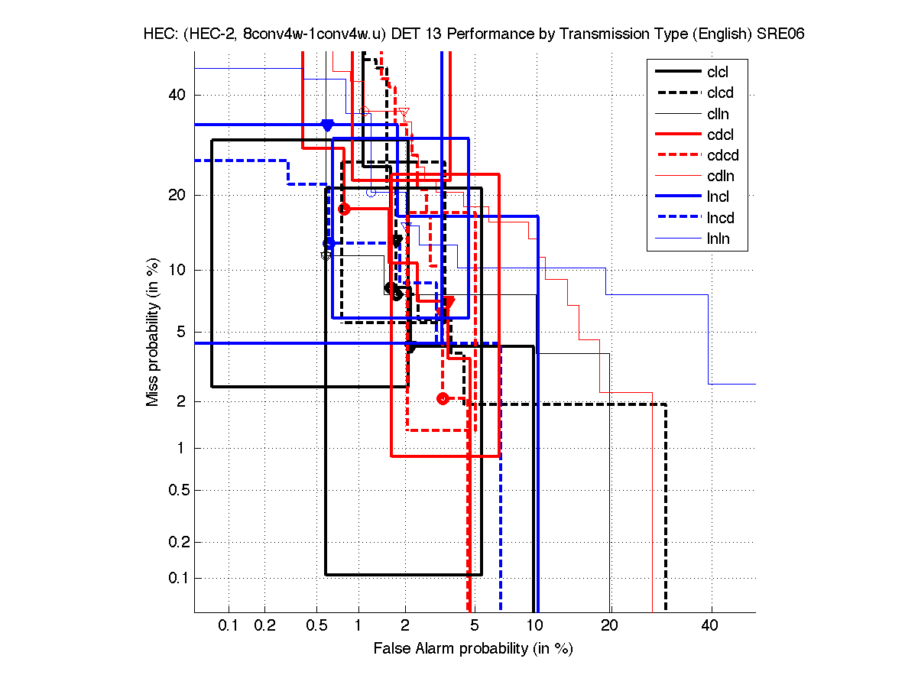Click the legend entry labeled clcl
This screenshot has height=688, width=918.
(718, 72)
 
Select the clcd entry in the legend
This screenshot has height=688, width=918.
(719, 93)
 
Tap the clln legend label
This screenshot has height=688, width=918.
(718, 114)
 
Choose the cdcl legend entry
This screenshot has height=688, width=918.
(719, 135)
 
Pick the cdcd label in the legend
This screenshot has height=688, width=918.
(721, 156)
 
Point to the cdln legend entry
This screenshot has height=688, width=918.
(719, 177)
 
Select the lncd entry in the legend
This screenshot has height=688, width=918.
(719, 219)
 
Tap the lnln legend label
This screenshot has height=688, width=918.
(718, 239)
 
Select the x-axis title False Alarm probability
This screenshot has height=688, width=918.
(473, 649)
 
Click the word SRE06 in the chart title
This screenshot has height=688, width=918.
(780, 34)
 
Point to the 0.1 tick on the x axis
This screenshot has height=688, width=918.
(229, 626)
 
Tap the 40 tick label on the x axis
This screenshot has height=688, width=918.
(710, 626)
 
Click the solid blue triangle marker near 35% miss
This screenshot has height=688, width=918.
(327, 125)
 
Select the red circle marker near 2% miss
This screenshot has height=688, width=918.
(443, 398)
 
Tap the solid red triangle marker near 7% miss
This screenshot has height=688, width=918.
(449, 302)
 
